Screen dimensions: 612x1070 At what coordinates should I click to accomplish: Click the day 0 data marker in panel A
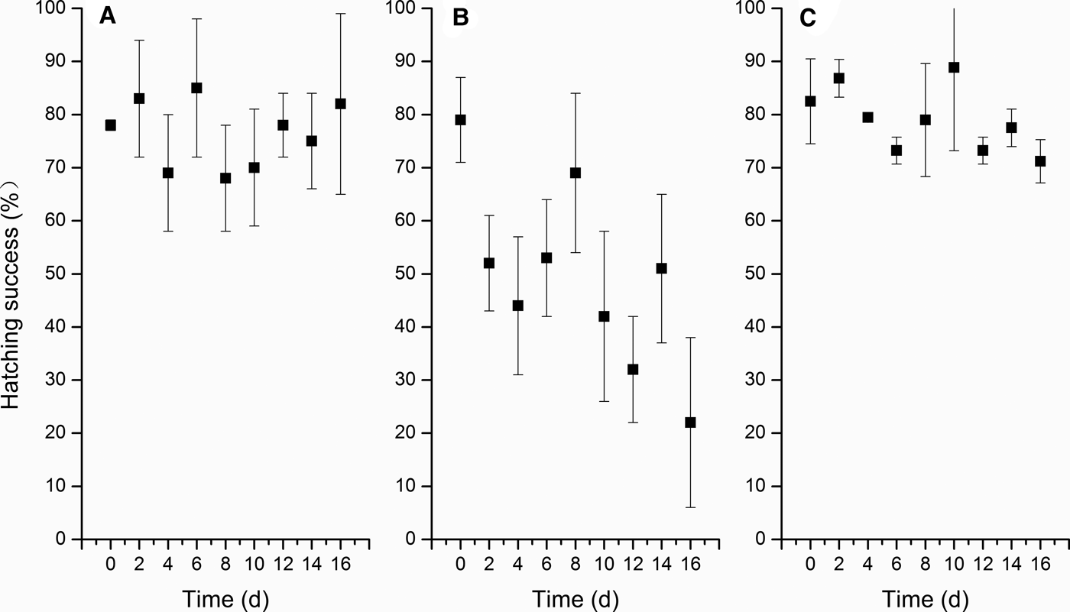pyautogui.click(x=110, y=125)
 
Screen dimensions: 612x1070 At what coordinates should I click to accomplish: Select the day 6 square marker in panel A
pyautogui.click(x=196, y=88)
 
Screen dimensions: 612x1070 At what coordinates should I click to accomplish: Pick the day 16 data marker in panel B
pyautogui.click(x=691, y=423)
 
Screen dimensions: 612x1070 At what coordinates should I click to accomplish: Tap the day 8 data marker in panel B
pyautogui.click(x=576, y=173)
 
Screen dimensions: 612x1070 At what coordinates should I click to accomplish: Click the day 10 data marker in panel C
pyautogui.click(x=954, y=67)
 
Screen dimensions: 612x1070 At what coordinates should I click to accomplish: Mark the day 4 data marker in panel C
pyautogui.click(x=867, y=117)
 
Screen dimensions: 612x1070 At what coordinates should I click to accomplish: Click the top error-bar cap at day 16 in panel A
pyautogui.click(x=340, y=14)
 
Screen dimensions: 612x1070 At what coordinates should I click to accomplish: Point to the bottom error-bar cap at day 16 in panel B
pyautogui.click(x=691, y=507)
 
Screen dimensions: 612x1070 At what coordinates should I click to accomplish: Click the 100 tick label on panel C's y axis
pyautogui.click(x=758, y=8)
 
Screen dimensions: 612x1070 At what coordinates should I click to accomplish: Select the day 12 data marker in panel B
pyautogui.click(x=633, y=369)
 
